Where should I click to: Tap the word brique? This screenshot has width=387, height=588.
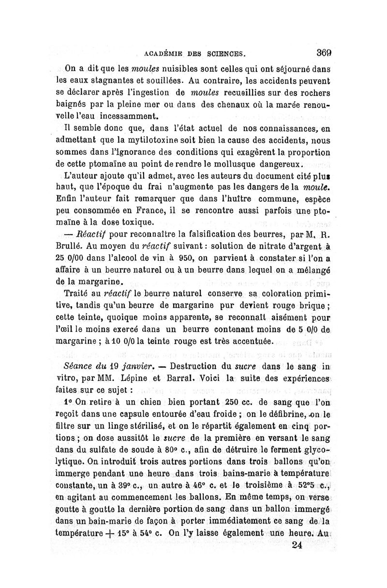(311, 306)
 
